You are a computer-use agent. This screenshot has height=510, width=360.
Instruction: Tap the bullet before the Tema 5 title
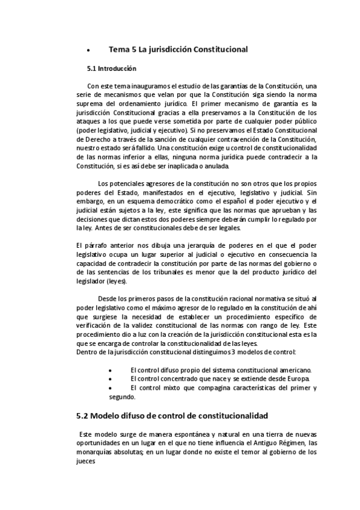pyautogui.click(x=88, y=50)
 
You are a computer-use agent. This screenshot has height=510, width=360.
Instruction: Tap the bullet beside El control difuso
pyautogui.click(x=109, y=370)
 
